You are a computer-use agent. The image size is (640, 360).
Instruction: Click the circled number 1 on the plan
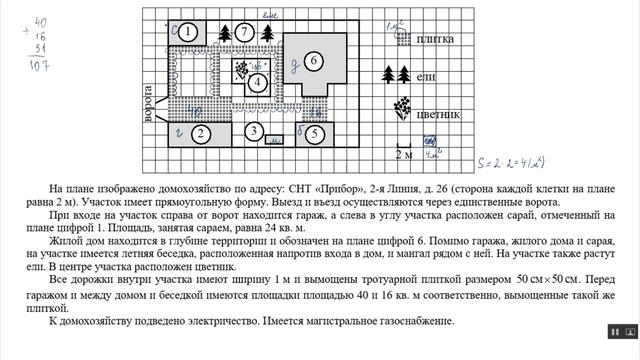[x=188, y=31]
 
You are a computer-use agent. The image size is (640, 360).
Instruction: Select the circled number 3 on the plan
[x=255, y=131]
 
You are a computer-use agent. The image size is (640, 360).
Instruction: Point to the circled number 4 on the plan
[x=258, y=80]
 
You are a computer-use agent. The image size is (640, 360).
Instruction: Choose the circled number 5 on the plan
[x=313, y=133]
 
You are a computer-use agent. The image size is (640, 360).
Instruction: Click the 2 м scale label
[x=404, y=155]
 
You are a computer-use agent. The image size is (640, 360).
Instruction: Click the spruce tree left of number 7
[x=224, y=32]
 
